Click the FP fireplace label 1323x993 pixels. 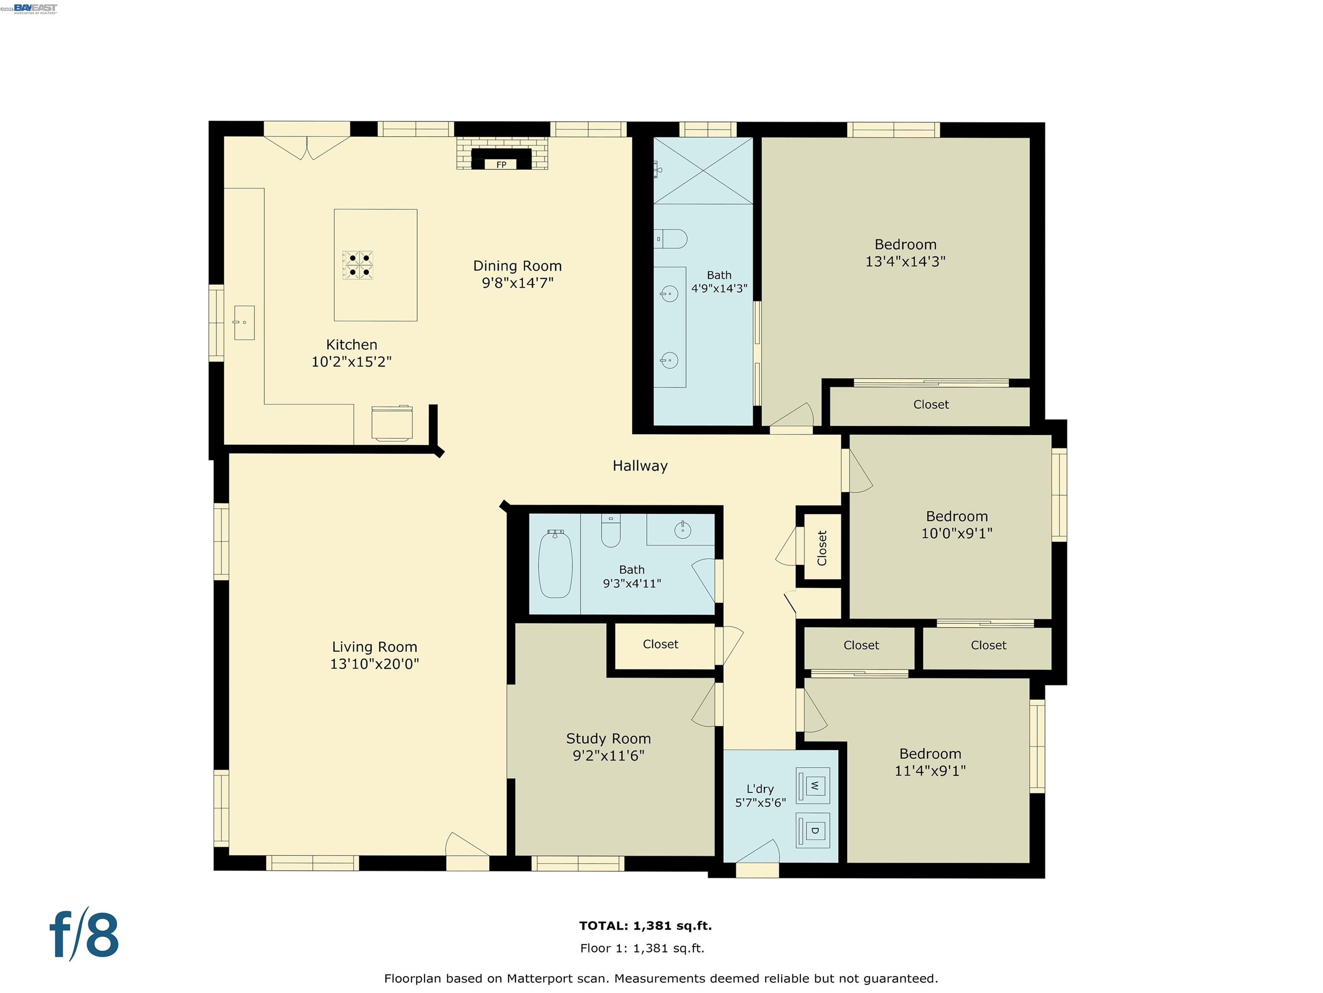point(501,165)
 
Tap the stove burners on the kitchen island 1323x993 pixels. point(357,265)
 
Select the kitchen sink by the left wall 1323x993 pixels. point(244,323)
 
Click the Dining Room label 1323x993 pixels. point(517,266)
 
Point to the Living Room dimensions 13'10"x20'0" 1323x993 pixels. point(374,664)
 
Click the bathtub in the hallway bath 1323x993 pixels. point(555,564)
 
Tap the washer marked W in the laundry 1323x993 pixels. point(814,785)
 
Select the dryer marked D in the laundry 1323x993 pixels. point(814,831)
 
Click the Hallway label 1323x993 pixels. point(640,465)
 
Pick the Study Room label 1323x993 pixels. point(608,739)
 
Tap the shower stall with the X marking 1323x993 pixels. point(703,171)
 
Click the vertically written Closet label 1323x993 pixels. point(822,548)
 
